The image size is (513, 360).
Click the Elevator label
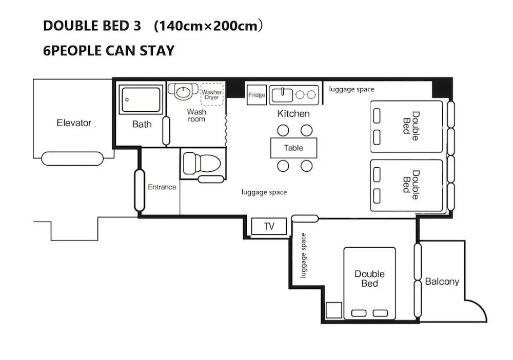[x=73, y=123]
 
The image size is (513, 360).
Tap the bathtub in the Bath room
[x=141, y=99]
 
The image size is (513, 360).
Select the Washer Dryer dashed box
[x=212, y=94]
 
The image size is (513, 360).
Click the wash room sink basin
[x=183, y=91]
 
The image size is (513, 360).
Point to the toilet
[x=202, y=163]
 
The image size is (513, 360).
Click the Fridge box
[x=256, y=95]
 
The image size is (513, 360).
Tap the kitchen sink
[x=282, y=95]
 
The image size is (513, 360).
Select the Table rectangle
[x=293, y=148]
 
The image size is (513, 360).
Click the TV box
[x=269, y=226]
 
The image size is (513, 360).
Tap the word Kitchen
[x=293, y=113]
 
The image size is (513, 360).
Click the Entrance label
[x=162, y=187]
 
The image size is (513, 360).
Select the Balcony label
[x=442, y=282]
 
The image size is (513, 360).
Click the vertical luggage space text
[x=303, y=255]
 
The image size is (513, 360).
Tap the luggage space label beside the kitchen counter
[x=351, y=89]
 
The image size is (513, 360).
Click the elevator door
[x=72, y=158]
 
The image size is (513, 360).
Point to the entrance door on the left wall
[x=140, y=190]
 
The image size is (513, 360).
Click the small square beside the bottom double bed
[x=334, y=310]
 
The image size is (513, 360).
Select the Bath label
[x=142, y=124]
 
